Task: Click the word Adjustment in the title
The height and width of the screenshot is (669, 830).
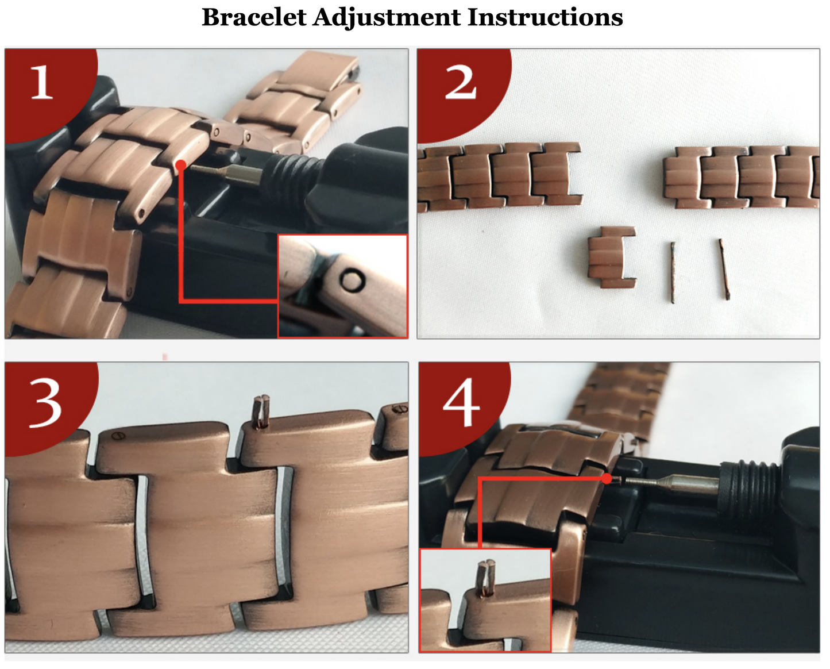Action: coord(387,18)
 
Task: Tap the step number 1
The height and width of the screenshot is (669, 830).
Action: coord(42,82)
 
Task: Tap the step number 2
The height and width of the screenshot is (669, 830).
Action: coord(461,82)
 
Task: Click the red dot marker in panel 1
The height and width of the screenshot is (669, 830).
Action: coord(181,165)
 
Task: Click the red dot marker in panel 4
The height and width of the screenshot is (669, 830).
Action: coord(607,479)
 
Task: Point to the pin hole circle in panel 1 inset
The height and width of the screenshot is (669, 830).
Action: coord(352,280)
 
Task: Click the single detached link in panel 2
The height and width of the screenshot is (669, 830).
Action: coord(612,257)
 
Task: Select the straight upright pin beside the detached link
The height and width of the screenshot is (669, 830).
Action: coord(673,272)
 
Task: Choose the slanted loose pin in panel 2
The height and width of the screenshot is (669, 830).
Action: coord(724,270)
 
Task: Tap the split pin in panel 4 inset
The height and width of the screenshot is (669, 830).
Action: coord(485,578)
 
